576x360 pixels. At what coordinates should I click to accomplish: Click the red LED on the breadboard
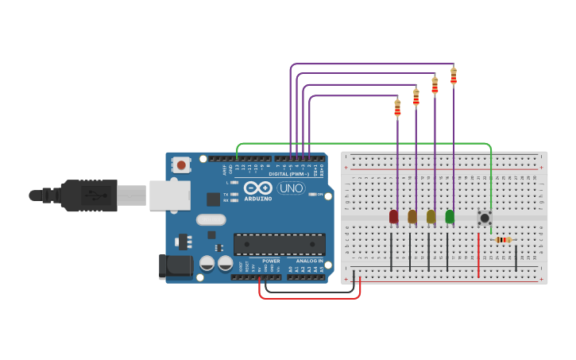point(393,216)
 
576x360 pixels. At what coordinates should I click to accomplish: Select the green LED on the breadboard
point(450,216)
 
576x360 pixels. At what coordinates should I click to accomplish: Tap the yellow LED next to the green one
point(431,216)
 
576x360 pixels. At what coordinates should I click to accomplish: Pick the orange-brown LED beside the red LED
point(412,216)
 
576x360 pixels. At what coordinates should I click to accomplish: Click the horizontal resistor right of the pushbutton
point(502,239)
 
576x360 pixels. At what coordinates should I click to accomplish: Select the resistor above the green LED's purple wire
point(454,76)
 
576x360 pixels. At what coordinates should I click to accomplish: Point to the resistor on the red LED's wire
point(397,107)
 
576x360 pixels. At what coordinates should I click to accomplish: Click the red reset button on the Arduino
point(182,165)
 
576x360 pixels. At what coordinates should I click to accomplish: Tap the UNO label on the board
point(292,188)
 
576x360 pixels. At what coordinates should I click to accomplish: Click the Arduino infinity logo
point(258,188)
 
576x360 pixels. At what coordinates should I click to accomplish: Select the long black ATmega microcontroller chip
point(279,244)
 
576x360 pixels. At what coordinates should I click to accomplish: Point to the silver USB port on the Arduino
point(169,195)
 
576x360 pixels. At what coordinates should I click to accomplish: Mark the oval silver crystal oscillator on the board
point(211,219)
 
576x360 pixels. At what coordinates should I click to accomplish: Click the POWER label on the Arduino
point(271,261)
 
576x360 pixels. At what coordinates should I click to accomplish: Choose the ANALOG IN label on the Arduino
point(309,261)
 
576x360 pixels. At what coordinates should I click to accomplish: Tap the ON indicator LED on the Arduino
point(311,194)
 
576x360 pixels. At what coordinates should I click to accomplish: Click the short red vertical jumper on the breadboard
point(478,256)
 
